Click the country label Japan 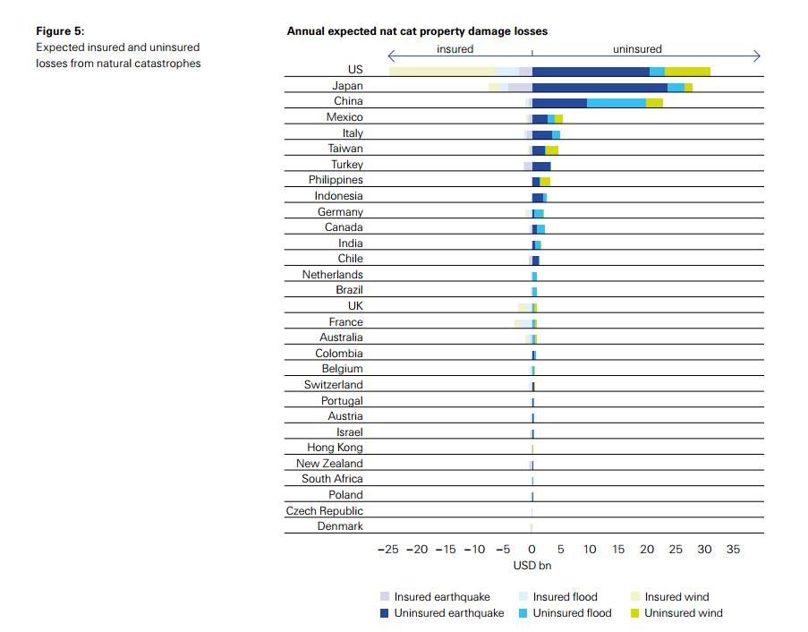pos(347,86)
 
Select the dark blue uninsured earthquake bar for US pos(591,71)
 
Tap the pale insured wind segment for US pos(442,71)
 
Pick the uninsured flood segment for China pos(616,103)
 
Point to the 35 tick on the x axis pos(733,549)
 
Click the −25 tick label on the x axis pos(387,549)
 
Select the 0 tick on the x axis pos(532,549)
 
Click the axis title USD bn pos(532,565)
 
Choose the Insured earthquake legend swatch pos(385,597)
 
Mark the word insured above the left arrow pos(455,49)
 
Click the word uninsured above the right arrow pos(637,49)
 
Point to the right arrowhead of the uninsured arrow pos(757,56)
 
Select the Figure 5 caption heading pos(60,31)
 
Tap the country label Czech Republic pos(324,510)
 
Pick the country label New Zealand pos(329,464)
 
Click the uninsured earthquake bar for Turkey pos(541,166)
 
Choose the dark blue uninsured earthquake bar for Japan pos(600,87)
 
